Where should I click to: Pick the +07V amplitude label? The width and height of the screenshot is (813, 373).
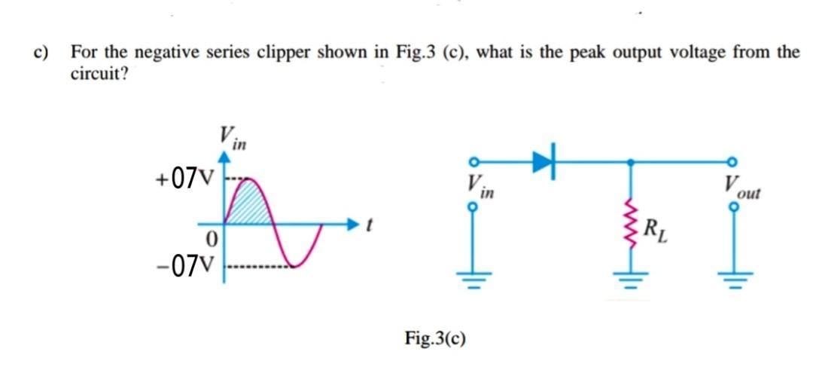[185, 179]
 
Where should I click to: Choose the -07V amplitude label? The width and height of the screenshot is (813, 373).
[185, 265]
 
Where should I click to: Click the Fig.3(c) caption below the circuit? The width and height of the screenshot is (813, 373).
[435, 336]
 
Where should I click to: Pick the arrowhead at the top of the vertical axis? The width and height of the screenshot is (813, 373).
[223, 156]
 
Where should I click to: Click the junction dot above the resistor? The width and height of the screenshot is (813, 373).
[630, 161]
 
